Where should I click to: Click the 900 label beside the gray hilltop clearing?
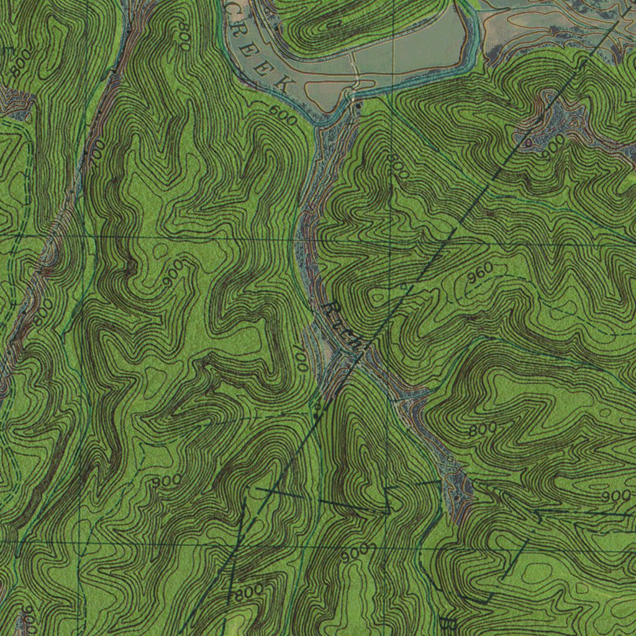point(552,145)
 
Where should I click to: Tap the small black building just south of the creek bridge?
point(358,107)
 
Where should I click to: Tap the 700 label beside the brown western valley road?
point(96,152)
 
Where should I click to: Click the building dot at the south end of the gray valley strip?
point(457,496)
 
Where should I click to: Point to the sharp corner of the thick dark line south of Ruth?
point(390,511)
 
